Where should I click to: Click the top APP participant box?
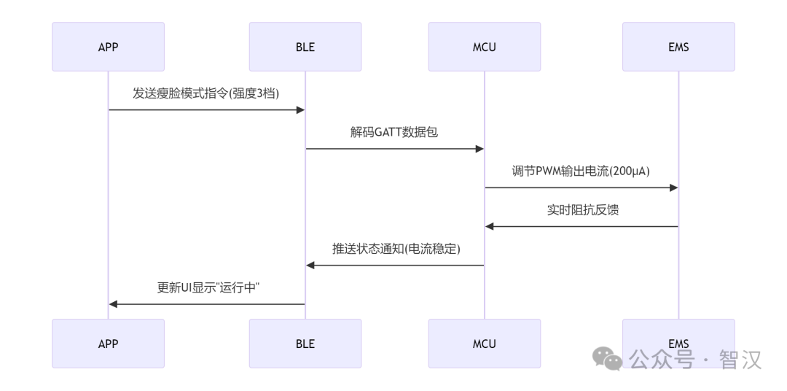108,47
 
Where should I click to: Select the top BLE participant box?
305,47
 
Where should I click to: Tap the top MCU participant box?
485,47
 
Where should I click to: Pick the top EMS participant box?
678,47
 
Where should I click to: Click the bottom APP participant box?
108,344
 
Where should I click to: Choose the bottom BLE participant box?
305,344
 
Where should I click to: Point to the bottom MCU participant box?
485,344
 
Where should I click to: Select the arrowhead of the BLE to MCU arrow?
479,149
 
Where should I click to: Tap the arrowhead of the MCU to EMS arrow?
673,187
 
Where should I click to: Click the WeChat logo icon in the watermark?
607,358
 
